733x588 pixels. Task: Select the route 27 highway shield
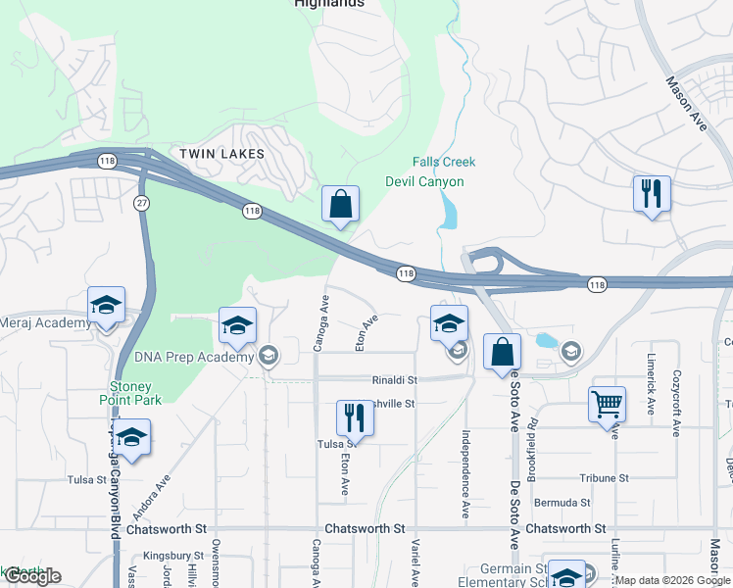pos(142,201)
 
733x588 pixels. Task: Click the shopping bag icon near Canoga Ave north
pos(340,205)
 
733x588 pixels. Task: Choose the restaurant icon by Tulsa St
pos(355,418)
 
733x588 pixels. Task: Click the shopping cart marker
pos(607,403)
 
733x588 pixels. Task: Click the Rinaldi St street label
pos(394,380)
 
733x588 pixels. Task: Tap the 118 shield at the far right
pos(596,284)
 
